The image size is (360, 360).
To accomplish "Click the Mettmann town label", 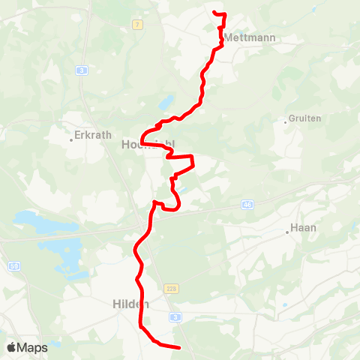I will [250, 37].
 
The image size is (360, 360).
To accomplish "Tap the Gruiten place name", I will [306, 118].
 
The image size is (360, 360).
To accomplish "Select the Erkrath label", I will [93, 136].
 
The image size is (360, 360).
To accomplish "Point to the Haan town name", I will [303, 229].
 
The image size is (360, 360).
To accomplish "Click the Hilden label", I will [130, 304].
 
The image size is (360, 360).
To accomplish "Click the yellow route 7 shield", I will [137, 25].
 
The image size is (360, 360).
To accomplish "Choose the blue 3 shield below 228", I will [175, 317].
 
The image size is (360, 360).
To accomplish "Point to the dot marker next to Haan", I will [287, 232].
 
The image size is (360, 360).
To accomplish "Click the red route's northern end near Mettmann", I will [215, 13].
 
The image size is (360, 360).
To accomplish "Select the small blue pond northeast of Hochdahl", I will [167, 102].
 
